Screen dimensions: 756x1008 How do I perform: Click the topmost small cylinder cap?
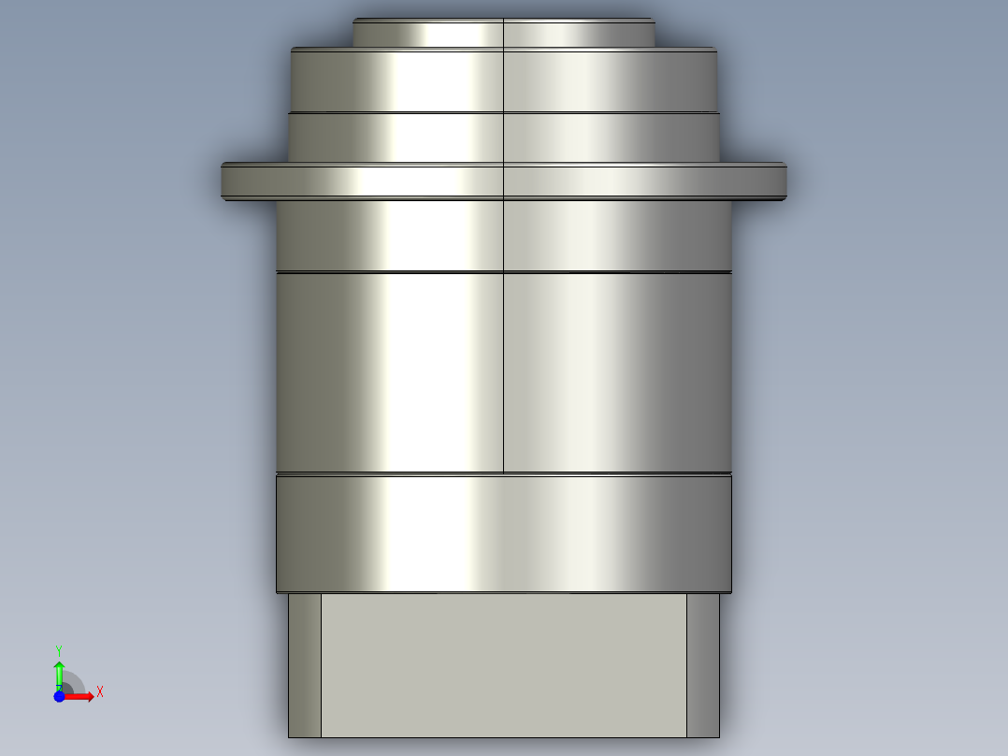point(503,34)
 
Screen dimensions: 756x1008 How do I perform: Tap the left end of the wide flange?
point(227,180)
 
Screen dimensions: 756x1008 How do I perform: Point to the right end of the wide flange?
point(781,180)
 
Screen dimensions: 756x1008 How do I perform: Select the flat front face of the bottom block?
point(503,664)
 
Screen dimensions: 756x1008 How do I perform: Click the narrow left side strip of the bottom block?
point(304,664)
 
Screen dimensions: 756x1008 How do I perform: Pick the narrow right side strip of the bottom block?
point(703,664)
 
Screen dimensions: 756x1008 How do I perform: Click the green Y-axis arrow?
point(59,672)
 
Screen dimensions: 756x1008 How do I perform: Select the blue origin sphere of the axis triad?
point(59,696)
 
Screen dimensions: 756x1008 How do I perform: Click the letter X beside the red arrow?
point(100,692)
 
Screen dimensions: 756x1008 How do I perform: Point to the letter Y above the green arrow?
point(59,649)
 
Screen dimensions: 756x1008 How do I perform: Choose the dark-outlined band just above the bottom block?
point(503,533)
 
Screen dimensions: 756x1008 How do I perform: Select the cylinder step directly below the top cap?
point(503,80)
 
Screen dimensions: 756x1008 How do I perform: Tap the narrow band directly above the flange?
point(503,138)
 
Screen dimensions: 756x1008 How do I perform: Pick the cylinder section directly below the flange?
point(503,235)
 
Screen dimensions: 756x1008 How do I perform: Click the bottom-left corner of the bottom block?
point(289,736)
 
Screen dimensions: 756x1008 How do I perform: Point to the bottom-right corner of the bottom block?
point(719,736)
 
